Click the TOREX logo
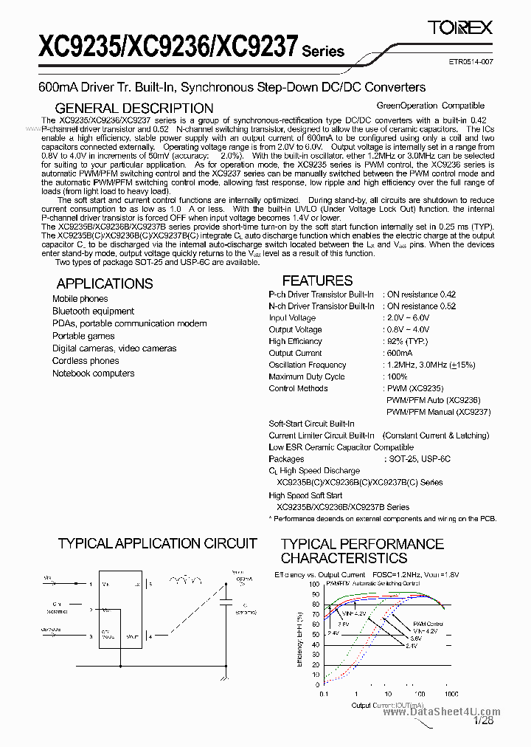pos(460,28)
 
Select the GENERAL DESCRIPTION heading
pos(134,109)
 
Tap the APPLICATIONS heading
pos(105,283)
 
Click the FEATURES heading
pos(317,280)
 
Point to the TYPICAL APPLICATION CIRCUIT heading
pos(157,544)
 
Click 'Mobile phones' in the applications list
pos(80,299)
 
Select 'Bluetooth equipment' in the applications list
pos(93,311)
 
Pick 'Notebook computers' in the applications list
pos(93,373)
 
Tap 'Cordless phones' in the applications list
pos(86,361)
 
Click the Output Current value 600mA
pos(400,353)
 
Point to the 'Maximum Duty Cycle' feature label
pos(307,376)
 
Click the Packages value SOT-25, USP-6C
pos(419,459)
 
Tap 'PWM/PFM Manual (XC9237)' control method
pos(438,412)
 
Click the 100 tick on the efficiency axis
pos(315,583)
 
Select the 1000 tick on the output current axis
pos(451,695)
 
